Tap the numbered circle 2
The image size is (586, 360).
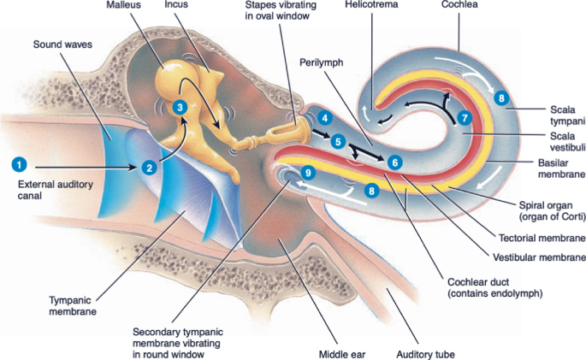(149, 168)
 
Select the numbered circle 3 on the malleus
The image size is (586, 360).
(179, 107)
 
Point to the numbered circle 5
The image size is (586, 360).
(339, 141)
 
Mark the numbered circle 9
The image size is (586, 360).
(309, 172)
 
